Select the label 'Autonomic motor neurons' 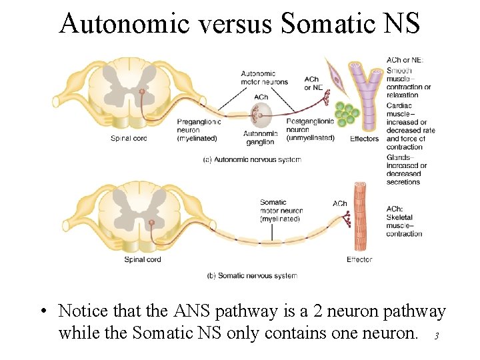click(264, 78)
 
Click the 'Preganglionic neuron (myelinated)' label click(199, 130)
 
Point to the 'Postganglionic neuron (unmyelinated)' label click(310, 130)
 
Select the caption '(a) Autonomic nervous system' click(252, 160)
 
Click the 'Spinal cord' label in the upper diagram click(129, 139)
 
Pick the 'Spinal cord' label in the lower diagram click(143, 259)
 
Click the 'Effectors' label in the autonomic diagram click(364, 139)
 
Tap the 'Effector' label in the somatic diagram click(359, 259)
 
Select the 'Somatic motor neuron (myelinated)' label click(279, 210)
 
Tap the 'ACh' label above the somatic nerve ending click(339, 203)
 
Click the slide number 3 click(436, 337)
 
